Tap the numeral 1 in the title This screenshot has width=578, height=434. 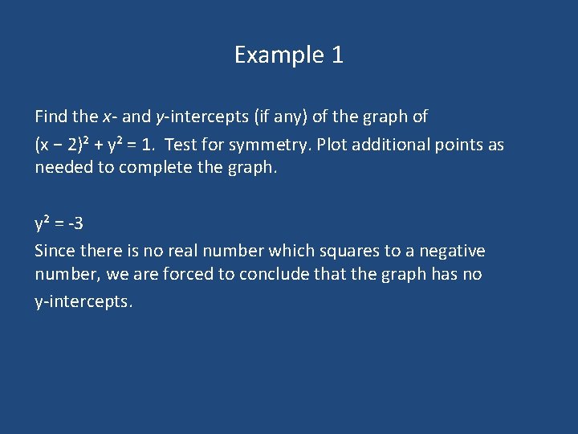pyautogui.click(x=337, y=55)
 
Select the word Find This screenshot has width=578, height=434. pyautogui.click(x=51, y=117)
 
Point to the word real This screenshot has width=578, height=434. pyautogui.click(x=180, y=251)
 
